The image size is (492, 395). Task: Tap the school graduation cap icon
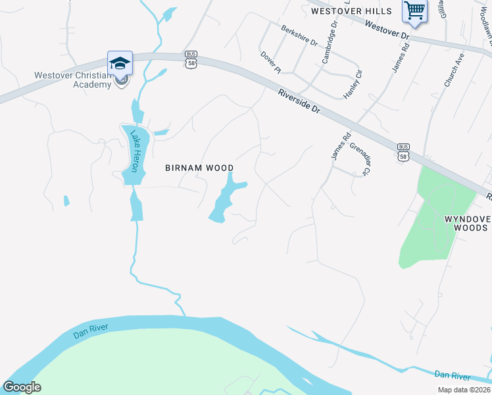point(120,63)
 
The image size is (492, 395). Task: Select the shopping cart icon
point(414,10)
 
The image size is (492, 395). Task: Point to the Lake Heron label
point(135,151)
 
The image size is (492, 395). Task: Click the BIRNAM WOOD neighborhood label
point(199,168)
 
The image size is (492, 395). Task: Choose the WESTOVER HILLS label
point(351,11)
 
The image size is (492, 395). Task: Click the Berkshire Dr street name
point(299,36)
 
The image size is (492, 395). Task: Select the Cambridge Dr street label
point(330,42)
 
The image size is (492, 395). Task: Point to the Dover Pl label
point(270,62)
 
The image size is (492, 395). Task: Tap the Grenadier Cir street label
point(360,160)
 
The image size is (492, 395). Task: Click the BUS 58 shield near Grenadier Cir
point(404,151)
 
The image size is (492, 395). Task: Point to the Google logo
point(22,387)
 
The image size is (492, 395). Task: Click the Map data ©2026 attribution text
point(464,389)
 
